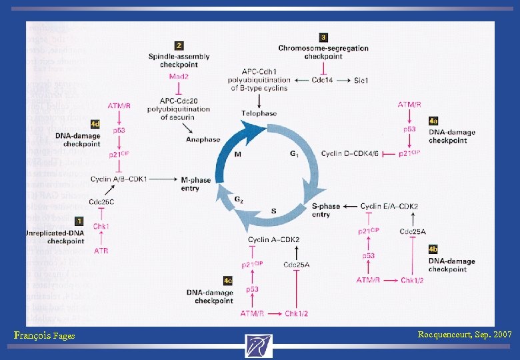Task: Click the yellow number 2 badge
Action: pos(179,46)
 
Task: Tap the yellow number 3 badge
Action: pos(324,38)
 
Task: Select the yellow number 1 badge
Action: pos(79,221)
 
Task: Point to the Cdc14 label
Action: pos(323,80)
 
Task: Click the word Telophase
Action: pos(259,113)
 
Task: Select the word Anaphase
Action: pos(203,139)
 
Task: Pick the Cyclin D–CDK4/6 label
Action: pos(350,153)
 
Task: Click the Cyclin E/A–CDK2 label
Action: pos(389,207)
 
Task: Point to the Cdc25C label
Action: pos(101,202)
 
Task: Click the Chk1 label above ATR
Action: pos(101,227)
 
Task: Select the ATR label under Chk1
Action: pos(101,251)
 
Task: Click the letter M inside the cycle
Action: pos(238,155)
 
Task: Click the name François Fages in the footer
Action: pos(44,336)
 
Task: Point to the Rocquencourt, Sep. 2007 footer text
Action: pos(464,334)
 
